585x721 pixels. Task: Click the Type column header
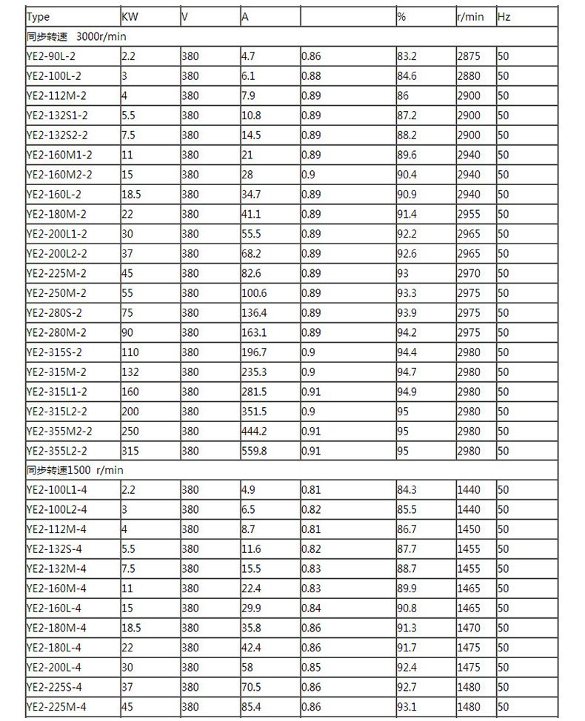(x=38, y=16)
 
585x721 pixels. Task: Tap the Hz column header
(x=504, y=16)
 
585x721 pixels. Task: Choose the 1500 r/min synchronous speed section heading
(x=75, y=470)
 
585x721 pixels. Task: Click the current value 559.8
(x=254, y=451)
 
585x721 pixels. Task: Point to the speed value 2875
(x=469, y=56)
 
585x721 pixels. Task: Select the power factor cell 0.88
(x=311, y=76)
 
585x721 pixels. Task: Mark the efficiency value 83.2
(x=407, y=56)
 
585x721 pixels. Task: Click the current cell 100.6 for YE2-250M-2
(x=254, y=293)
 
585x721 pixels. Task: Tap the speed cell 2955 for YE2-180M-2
(x=469, y=214)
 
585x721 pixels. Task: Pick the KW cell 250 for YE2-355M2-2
(x=130, y=431)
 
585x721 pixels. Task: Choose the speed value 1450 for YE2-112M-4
(x=469, y=529)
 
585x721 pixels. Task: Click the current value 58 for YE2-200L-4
(x=247, y=668)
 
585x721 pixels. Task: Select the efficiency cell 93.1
(x=407, y=707)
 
